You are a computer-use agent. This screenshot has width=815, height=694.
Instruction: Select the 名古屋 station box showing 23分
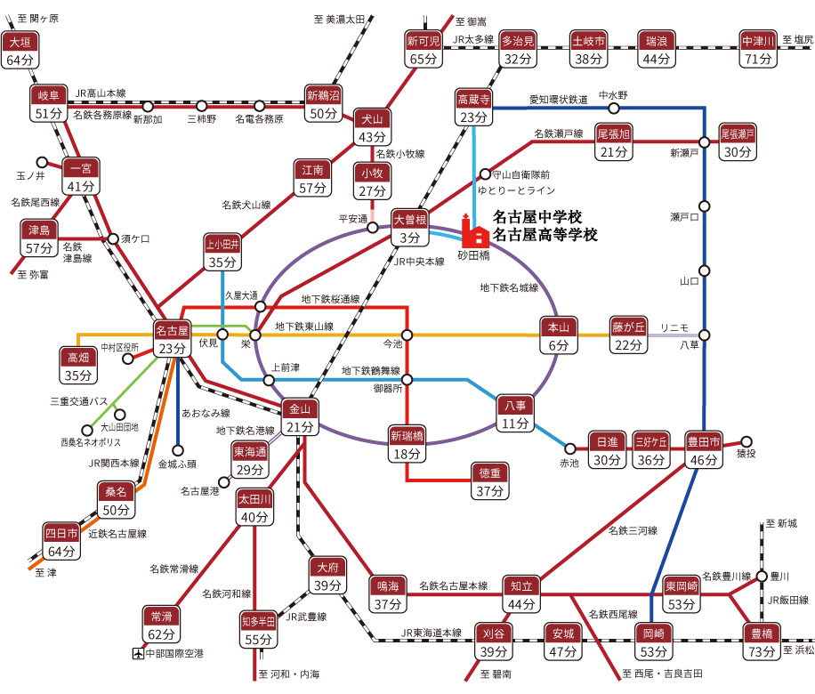tap(173, 339)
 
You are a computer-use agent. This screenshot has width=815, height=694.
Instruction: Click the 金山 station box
tap(301, 417)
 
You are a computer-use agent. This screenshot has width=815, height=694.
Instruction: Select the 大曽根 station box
tap(409, 228)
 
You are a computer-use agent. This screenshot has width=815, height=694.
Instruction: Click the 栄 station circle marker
tap(255, 335)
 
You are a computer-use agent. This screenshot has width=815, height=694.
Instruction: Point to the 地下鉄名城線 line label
tap(509, 287)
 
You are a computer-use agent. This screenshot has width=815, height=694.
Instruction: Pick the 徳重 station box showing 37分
tap(488, 482)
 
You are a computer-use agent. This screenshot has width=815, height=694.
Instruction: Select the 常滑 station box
tap(161, 625)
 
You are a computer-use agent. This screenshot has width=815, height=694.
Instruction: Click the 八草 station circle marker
tap(705, 335)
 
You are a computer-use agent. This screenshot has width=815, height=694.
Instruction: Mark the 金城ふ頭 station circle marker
tap(178, 449)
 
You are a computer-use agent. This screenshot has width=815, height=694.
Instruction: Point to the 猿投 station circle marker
tap(746, 440)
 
